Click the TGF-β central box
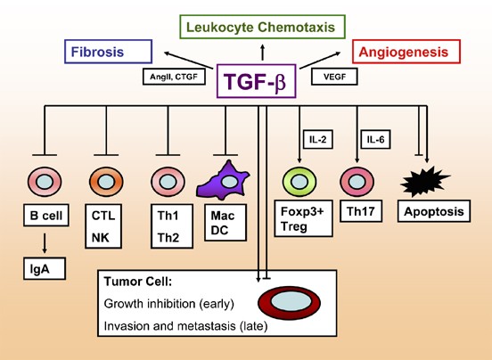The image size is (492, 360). coord(256,81)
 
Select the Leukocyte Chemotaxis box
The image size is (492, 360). coord(262,27)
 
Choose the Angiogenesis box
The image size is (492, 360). coord(406,52)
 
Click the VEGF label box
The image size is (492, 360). coord(334,77)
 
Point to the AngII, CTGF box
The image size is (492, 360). coord(174,77)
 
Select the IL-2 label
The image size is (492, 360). coord(318,139)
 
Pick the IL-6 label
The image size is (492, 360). coord(375,139)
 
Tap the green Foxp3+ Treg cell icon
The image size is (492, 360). coord(299,182)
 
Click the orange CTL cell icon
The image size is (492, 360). coord(106,182)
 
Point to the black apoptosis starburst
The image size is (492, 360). coord(424,182)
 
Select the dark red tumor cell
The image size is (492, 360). coord(289,303)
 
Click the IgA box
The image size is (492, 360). coord(45,269)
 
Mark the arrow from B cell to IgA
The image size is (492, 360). coord(45,243)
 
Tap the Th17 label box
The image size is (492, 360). coord(361,211)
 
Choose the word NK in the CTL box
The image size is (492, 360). coord(100,238)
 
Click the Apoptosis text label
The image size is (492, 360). coord(434,211)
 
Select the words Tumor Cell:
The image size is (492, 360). coord(138,282)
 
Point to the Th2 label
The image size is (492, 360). coord(168,238)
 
